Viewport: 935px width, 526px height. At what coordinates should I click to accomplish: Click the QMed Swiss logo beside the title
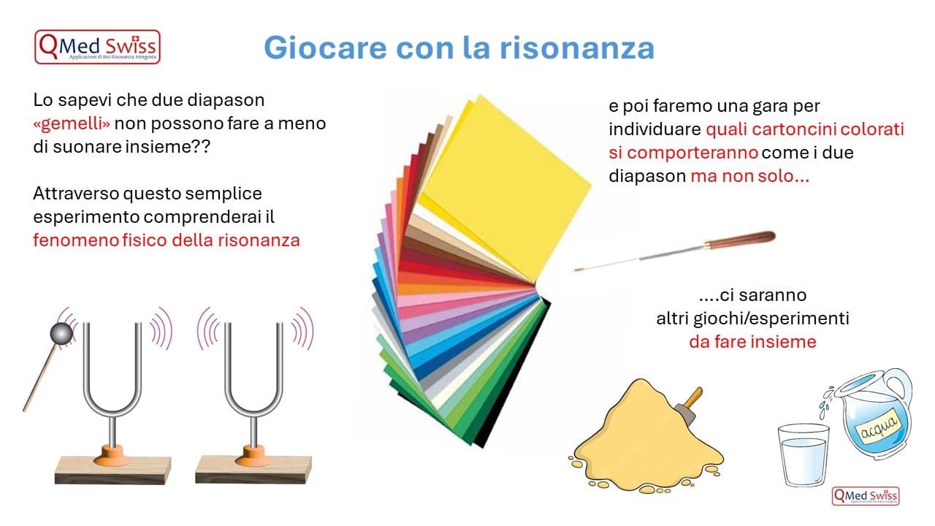[97, 47]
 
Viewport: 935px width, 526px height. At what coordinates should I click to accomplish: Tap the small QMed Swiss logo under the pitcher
[866, 496]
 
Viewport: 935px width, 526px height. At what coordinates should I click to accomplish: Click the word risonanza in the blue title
[577, 47]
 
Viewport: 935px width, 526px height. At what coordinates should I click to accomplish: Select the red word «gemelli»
[72, 123]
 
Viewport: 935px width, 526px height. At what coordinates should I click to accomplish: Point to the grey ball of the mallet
[61, 334]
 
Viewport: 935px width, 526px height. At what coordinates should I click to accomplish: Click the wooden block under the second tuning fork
[253, 470]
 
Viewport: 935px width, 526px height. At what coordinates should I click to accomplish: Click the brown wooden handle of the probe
[740, 240]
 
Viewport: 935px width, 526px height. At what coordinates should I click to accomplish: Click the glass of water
[803, 454]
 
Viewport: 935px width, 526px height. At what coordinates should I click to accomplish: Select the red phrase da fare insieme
[752, 342]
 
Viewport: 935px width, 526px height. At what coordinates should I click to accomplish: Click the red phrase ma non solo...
[750, 176]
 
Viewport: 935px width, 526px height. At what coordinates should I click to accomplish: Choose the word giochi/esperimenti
[771, 319]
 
